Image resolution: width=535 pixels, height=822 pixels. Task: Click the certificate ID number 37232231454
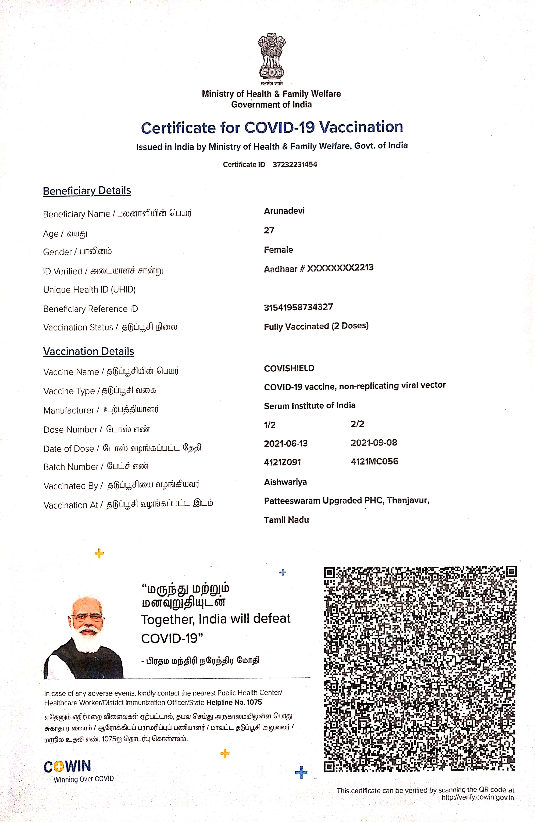(x=294, y=164)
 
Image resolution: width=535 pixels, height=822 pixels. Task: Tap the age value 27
(x=269, y=230)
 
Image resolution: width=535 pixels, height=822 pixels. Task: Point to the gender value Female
(x=278, y=250)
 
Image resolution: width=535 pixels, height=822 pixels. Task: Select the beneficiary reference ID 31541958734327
(x=298, y=307)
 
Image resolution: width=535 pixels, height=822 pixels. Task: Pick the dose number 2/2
(x=357, y=424)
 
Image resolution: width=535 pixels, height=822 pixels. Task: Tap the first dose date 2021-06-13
(x=286, y=444)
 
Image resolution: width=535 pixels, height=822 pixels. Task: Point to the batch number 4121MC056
(x=374, y=462)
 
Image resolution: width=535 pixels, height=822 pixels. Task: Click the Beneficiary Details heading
(x=87, y=191)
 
